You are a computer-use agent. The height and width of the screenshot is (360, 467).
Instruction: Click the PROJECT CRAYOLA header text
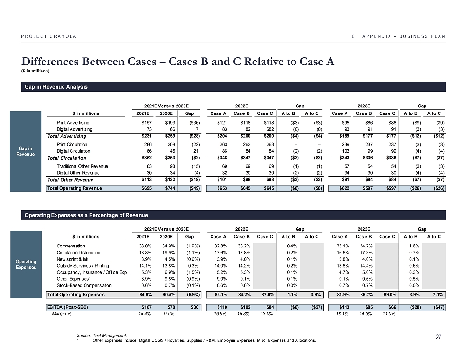[49, 36]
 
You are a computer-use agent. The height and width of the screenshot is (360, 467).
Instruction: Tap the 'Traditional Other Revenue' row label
[82, 166]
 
